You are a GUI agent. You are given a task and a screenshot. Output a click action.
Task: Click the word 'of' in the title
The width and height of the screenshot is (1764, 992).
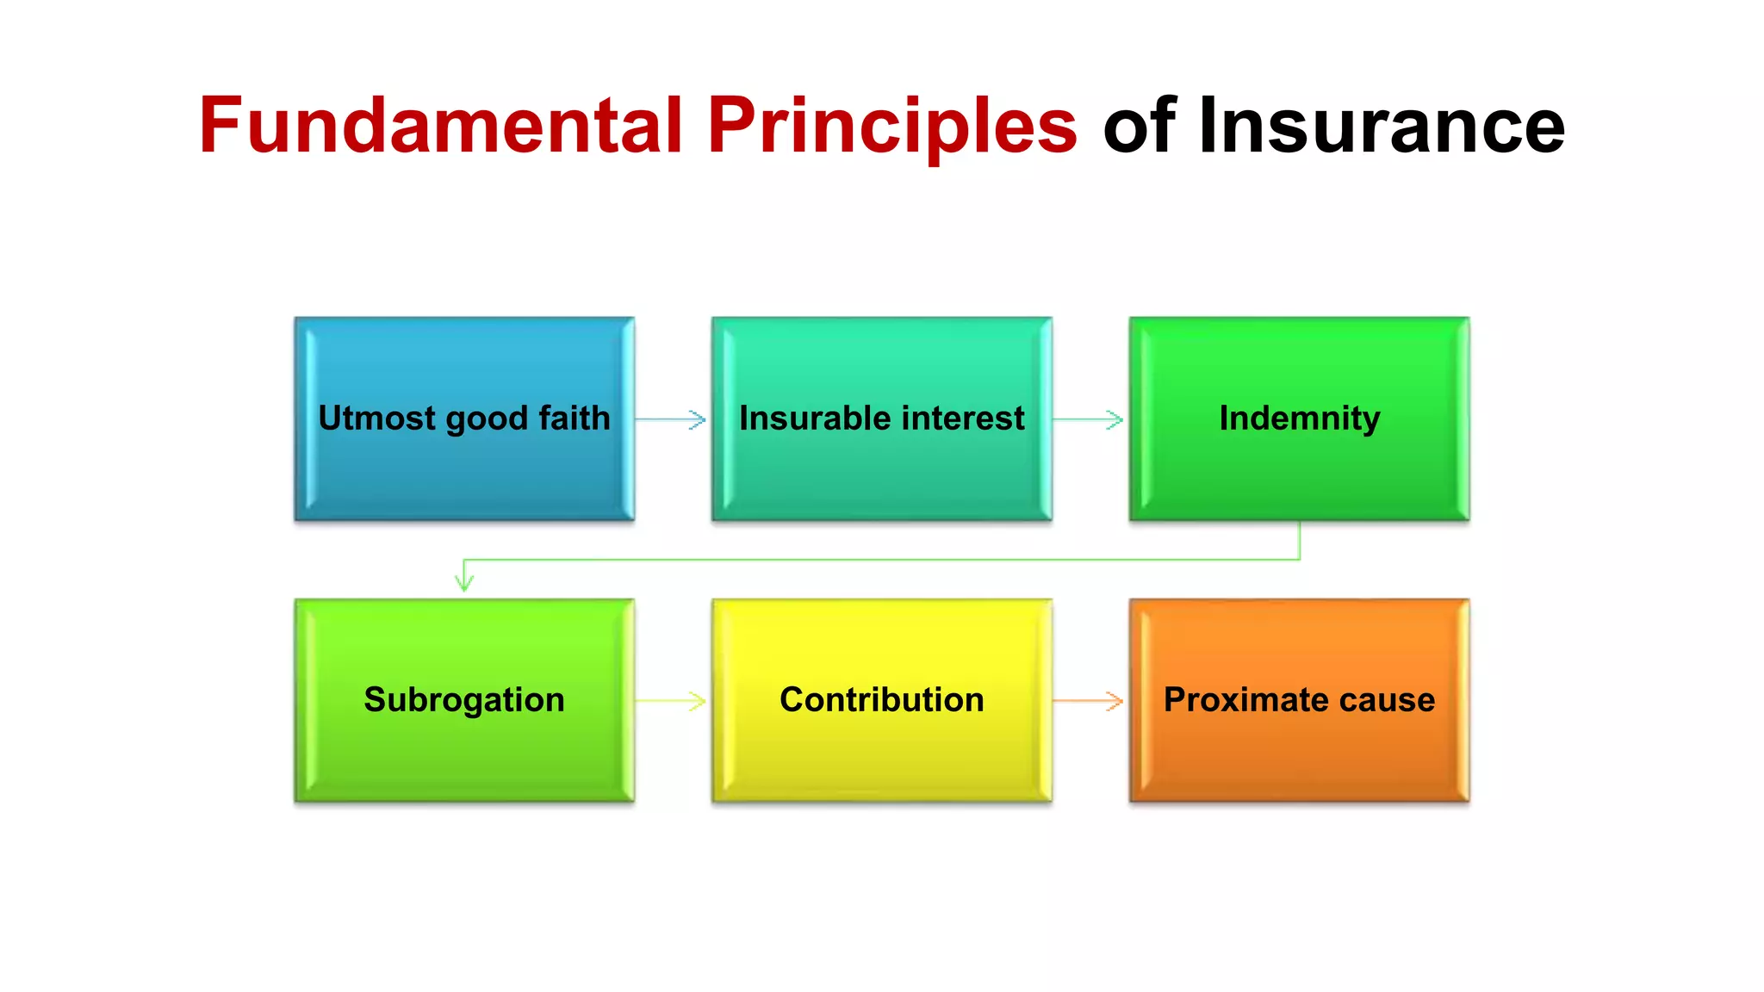pos(1140,126)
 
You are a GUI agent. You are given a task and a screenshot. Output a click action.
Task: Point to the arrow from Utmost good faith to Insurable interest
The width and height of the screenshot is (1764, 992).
pos(672,419)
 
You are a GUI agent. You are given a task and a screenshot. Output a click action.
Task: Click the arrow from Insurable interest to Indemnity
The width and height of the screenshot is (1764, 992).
pos(1090,419)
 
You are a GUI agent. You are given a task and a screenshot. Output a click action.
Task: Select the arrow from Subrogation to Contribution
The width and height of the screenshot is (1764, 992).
pos(672,701)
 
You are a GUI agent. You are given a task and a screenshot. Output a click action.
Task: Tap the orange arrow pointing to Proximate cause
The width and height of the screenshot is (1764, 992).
pos(1090,701)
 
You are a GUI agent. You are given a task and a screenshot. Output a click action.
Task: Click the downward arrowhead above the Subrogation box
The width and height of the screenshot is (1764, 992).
pos(464,582)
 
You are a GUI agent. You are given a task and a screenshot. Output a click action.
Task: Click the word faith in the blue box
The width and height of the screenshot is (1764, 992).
pos(575,418)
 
